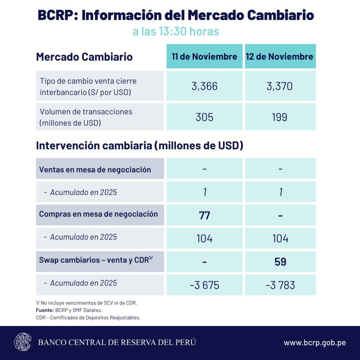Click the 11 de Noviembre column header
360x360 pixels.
204,56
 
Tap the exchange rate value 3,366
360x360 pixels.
204,86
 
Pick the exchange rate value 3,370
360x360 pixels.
279,86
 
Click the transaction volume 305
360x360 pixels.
204,117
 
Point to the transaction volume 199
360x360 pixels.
279,117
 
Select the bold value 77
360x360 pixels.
204,215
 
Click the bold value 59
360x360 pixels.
280,262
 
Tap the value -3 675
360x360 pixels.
204,285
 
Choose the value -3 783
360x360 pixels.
280,285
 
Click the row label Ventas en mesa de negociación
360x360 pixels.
95,169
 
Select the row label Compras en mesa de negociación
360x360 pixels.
98,214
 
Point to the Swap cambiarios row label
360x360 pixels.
96,260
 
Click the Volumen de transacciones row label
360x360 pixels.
86,117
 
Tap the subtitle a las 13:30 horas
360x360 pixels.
176,31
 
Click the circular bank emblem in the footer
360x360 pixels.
22,342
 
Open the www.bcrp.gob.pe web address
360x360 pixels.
315,343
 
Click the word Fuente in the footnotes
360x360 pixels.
45,310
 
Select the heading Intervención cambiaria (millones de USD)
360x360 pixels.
139,145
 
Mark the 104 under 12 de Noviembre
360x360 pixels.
280,238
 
